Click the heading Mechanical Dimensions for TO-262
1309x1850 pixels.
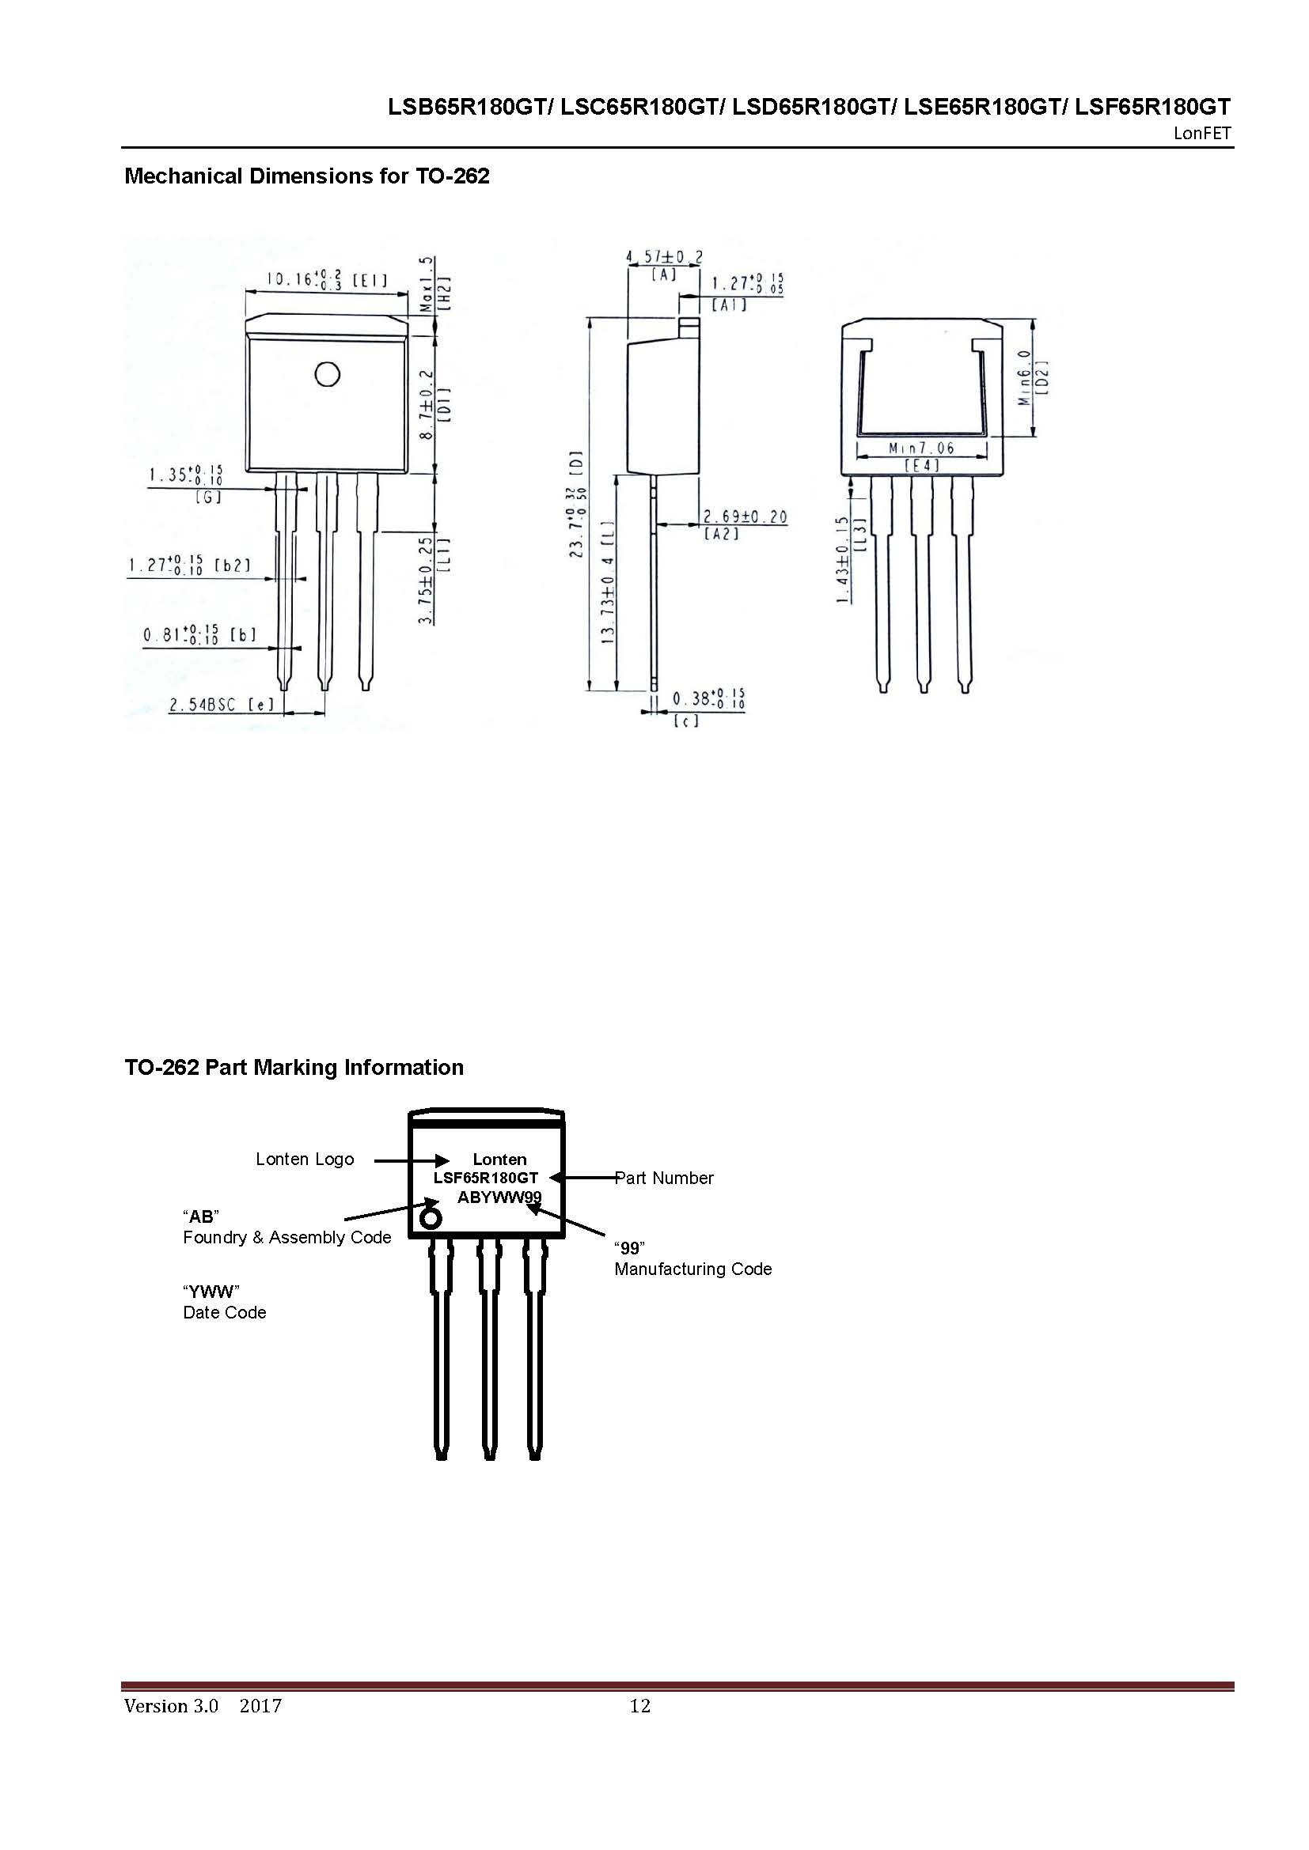coord(306,176)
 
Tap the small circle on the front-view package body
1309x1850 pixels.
coord(328,375)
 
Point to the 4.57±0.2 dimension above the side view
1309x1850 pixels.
coord(664,257)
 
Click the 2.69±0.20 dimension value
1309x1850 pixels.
coord(745,517)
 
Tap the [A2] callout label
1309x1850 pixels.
coord(722,533)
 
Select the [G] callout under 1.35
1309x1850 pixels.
coord(208,497)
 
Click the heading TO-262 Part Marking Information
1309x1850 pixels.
coord(294,1068)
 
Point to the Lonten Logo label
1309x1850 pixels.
coord(305,1160)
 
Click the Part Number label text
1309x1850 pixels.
coord(664,1178)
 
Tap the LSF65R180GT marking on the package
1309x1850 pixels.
coord(485,1178)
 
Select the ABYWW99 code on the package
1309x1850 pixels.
coord(499,1197)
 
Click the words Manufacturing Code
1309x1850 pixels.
coord(692,1269)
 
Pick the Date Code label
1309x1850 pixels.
coord(224,1313)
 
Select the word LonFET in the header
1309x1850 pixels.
coord(1202,134)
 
